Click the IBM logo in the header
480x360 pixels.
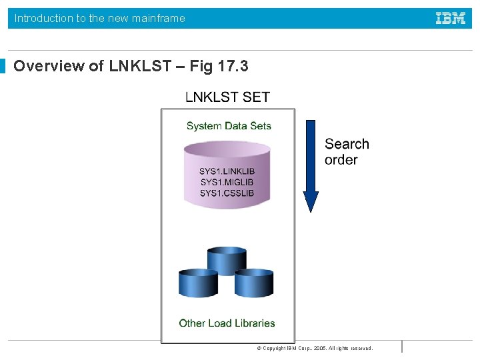point(451,19)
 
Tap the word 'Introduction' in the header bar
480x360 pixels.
point(44,19)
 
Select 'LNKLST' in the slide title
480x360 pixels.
point(139,66)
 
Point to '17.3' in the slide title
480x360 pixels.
point(233,66)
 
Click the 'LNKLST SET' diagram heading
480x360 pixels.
point(227,97)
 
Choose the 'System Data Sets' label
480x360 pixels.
point(229,126)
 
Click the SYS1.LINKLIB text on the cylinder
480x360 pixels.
point(227,171)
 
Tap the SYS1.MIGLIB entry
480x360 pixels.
point(227,182)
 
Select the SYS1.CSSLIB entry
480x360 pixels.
point(227,193)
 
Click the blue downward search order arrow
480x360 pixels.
point(311,160)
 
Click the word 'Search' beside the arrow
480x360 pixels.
point(347,144)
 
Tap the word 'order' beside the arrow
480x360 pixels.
point(341,160)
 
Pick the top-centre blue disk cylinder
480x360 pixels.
point(227,261)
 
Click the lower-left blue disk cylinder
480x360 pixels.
point(199,283)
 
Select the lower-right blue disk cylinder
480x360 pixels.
point(254,283)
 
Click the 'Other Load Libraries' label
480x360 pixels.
point(227,323)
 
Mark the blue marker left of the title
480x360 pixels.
point(3,66)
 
